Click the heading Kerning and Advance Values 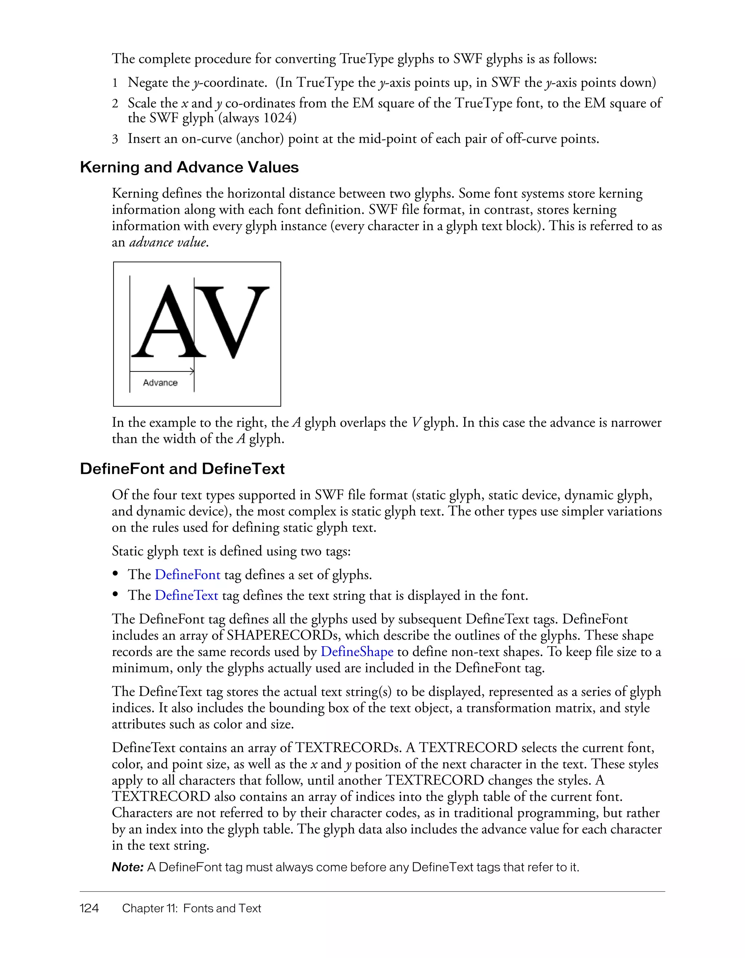coord(189,167)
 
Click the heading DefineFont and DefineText coord(182,469)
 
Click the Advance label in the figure coord(160,383)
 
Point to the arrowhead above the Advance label coord(192,371)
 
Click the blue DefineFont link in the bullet coord(187,575)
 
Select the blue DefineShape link coord(356,652)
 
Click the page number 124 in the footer coord(89,909)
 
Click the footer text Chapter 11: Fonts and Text coord(191,909)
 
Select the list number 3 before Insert coord(115,139)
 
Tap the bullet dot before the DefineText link coord(116,595)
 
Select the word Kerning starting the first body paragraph coord(135,194)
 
